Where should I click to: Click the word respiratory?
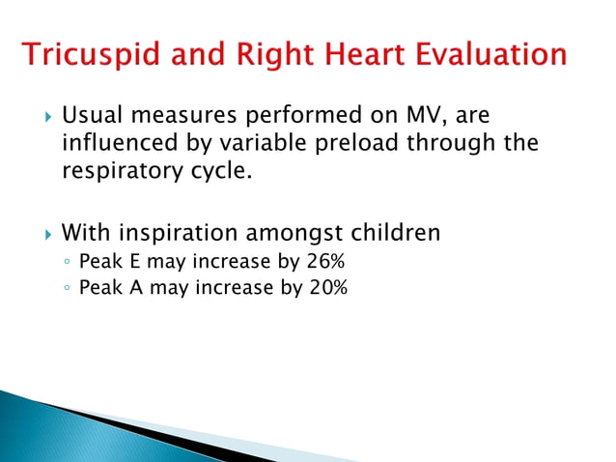pyautogui.click(x=118, y=174)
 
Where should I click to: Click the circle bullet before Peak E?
pyautogui.click(x=67, y=262)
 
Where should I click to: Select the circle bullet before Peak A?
pyautogui.click(x=67, y=288)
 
